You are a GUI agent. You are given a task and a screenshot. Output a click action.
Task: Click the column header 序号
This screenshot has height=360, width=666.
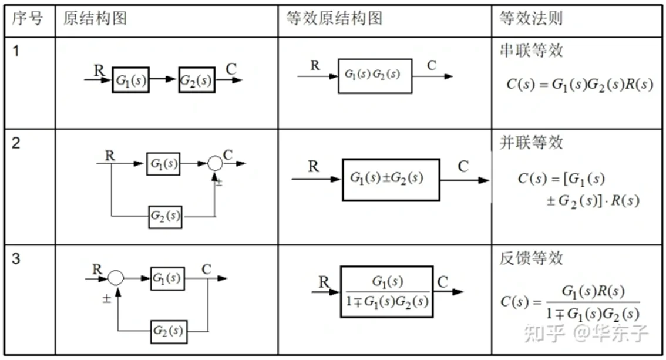[28, 19]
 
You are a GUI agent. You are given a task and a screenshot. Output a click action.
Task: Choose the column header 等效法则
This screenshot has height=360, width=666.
[531, 19]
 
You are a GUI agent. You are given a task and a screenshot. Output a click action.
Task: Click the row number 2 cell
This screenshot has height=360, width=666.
[16, 143]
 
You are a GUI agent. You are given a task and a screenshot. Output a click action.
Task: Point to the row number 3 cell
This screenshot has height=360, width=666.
[16, 258]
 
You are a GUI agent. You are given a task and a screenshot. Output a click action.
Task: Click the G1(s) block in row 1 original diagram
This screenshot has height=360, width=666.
[131, 80]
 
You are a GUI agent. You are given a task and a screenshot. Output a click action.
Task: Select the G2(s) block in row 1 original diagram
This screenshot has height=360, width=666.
[197, 80]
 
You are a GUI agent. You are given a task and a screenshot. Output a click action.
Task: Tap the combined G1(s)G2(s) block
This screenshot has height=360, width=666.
[375, 76]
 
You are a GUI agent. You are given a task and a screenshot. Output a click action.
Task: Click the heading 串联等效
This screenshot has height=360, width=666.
[531, 51]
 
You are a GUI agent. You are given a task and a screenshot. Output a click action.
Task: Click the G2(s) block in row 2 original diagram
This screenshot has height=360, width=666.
[165, 216]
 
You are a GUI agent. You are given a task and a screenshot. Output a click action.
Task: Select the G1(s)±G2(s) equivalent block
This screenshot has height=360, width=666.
[391, 180]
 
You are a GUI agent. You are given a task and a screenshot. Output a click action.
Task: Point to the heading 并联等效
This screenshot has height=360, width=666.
[531, 143]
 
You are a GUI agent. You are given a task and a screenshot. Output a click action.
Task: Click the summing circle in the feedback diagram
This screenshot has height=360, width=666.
[116, 278]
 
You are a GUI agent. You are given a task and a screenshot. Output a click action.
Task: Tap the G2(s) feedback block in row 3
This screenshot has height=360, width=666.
[168, 331]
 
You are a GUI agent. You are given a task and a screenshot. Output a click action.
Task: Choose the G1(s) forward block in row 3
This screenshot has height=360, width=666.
[167, 278]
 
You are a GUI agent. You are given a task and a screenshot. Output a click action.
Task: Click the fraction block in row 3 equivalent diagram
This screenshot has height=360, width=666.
[386, 291]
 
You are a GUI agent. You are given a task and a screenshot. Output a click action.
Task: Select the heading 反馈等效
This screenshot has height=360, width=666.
[531, 258]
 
